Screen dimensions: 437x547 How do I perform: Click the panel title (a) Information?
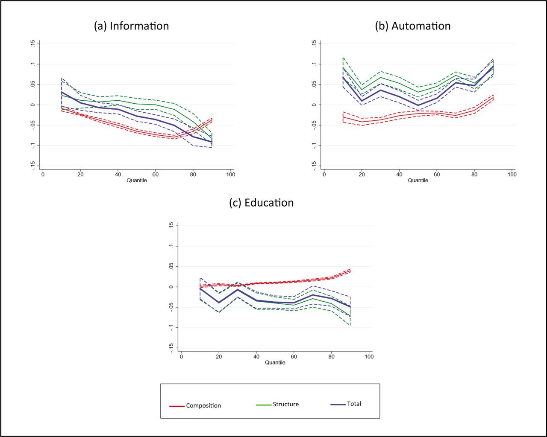point(131,26)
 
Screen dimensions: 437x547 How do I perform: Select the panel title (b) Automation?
point(412,26)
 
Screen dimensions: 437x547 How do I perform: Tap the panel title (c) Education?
point(262,203)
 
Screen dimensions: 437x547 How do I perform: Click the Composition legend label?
point(203,405)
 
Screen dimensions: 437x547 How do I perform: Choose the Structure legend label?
point(285,404)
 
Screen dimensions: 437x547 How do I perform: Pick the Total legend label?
point(354,404)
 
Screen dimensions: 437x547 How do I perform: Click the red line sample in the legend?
point(177,406)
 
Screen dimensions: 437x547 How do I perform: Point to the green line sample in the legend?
point(264,405)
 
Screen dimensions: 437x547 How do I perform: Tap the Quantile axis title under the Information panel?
point(137,181)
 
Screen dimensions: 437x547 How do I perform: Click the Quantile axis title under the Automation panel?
point(418,181)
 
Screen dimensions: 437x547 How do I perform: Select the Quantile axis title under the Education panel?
point(275,363)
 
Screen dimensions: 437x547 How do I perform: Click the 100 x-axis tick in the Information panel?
point(230,175)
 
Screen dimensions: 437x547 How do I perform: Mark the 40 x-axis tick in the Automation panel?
point(399,175)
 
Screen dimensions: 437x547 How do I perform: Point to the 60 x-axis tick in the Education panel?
point(294,357)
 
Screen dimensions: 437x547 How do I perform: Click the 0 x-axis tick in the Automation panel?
point(324,175)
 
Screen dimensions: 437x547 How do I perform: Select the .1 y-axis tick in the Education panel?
point(171,246)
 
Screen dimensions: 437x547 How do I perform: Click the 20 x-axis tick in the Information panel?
point(80,175)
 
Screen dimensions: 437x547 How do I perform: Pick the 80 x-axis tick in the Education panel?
point(332,357)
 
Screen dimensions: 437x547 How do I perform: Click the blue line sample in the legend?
point(338,404)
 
